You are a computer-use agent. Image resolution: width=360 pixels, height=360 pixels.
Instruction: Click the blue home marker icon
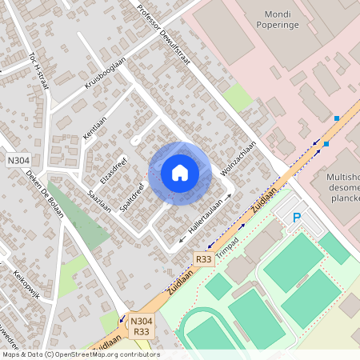pyautogui.click(x=180, y=173)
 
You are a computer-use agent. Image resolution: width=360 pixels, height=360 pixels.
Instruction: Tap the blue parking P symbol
pyautogui.click(x=297, y=217)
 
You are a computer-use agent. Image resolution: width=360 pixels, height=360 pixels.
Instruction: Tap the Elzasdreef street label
pyautogui.click(x=114, y=166)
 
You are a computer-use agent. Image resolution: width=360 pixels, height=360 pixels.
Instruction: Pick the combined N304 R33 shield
pyautogui.click(x=142, y=326)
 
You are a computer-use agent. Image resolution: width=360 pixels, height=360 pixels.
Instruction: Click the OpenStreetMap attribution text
pyautogui.click(x=80, y=354)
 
